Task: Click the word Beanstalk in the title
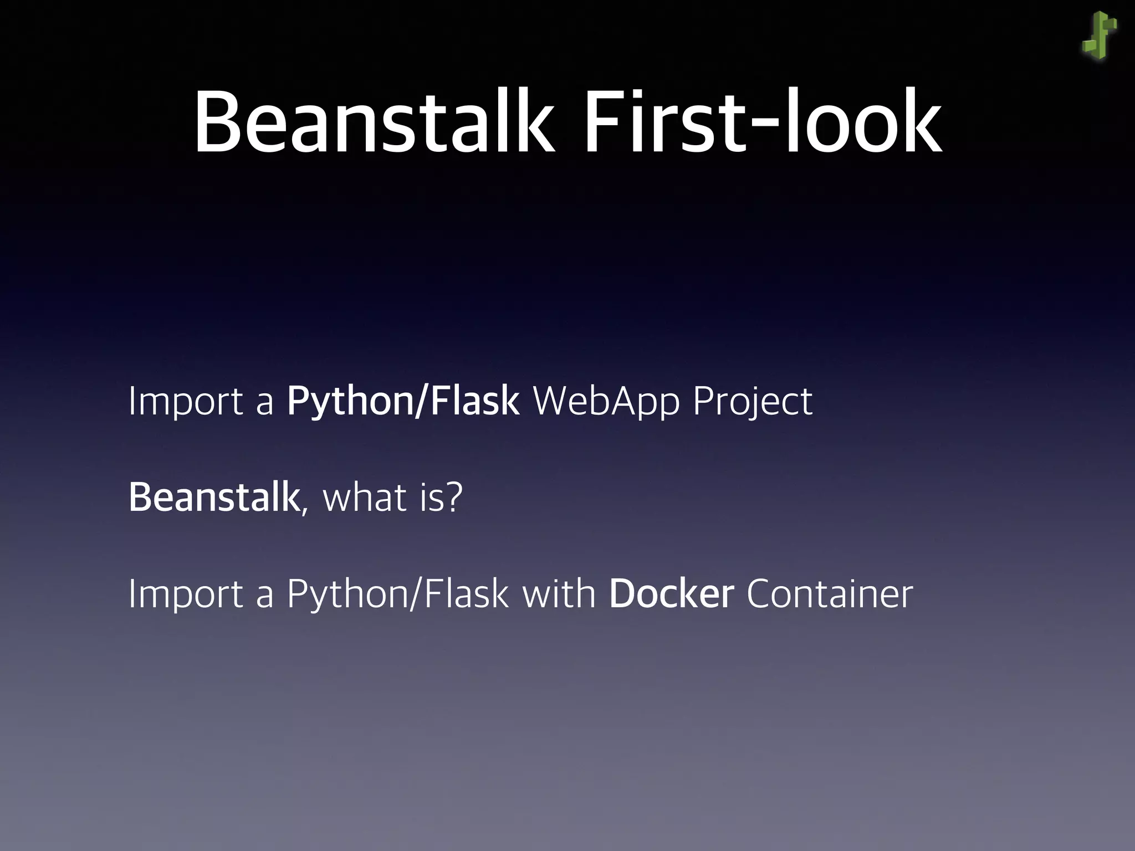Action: coord(373,123)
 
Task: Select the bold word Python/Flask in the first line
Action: coord(403,401)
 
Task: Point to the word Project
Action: coord(752,401)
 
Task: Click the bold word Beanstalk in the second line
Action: coord(213,497)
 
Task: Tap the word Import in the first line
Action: coord(185,401)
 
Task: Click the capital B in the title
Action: coord(217,123)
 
